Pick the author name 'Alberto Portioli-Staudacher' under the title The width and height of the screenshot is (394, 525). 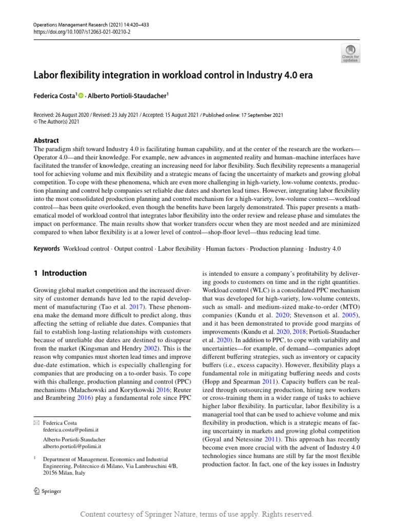[127, 96]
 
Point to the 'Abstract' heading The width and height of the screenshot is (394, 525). [46, 140]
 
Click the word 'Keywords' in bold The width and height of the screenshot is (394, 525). [46, 249]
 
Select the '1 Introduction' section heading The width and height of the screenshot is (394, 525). [60, 273]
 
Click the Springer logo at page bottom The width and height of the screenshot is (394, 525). [47, 491]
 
